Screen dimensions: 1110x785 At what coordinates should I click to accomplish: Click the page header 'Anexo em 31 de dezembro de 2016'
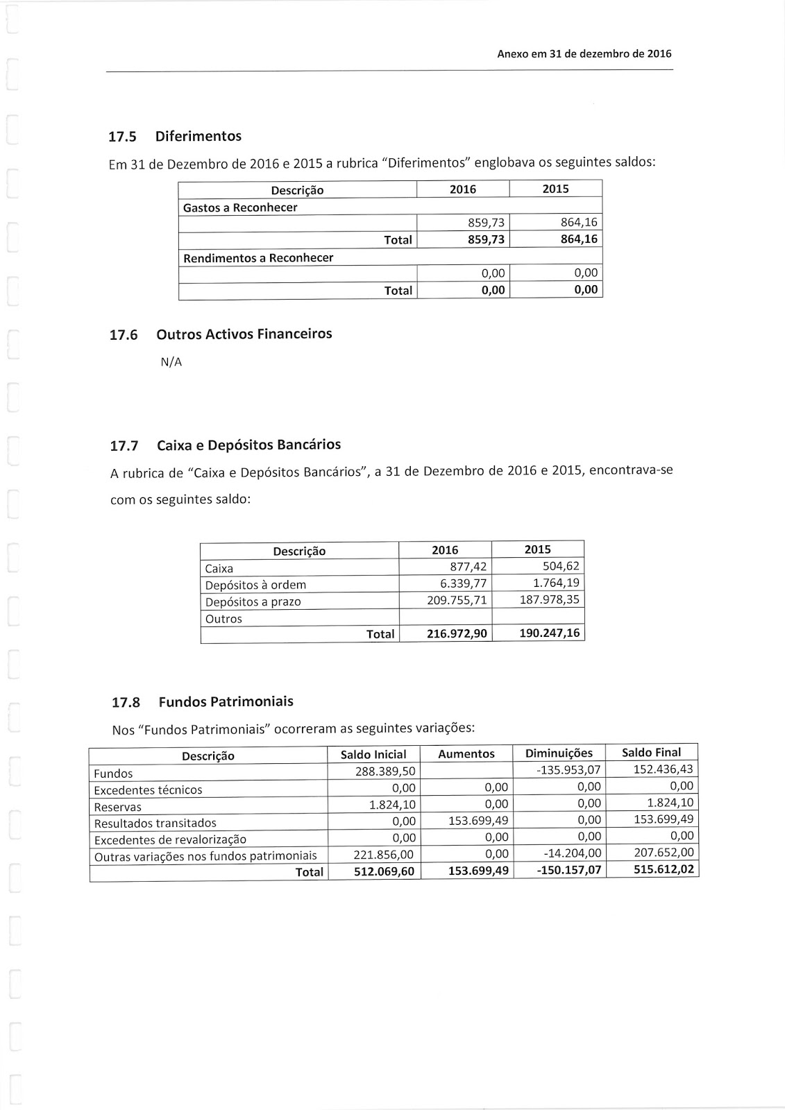[584, 54]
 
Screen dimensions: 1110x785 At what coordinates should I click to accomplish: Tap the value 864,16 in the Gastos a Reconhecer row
[581, 223]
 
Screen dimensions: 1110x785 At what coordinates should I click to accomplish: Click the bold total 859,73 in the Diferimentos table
[487, 239]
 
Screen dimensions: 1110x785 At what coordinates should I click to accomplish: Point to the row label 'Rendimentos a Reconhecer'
[258, 258]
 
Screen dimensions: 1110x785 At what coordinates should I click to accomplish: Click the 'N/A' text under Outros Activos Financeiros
[171, 361]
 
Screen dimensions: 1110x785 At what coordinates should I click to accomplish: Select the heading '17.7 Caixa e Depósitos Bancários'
[226, 445]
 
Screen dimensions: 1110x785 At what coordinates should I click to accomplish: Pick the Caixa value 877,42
[469, 567]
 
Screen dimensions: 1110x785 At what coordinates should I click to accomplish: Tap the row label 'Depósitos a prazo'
[253, 602]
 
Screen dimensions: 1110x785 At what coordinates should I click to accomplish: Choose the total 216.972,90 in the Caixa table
[457, 634]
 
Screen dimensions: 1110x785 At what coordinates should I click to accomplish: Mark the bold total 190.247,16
[549, 633]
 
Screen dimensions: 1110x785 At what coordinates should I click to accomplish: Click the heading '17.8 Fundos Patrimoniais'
[202, 702]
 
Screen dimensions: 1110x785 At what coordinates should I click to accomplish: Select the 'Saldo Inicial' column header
[373, 755]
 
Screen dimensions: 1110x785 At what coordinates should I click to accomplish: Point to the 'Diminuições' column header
[559, 753]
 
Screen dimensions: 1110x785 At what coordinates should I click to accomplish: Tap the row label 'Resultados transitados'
[155, 823]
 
